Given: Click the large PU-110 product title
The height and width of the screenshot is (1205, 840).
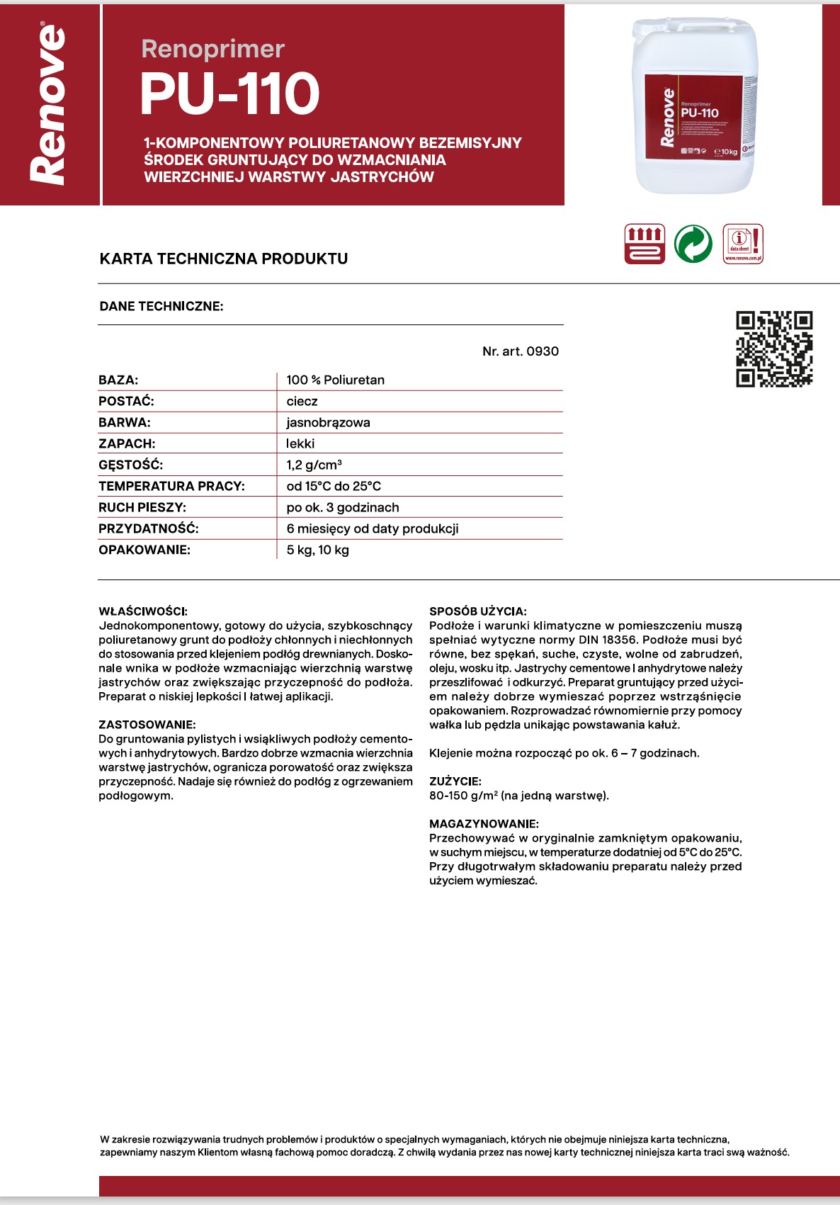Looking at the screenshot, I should click(229, 94).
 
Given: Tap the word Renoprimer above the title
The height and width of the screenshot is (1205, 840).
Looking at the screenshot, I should click(212, 49).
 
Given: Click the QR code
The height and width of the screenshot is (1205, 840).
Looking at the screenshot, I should click(773, 349).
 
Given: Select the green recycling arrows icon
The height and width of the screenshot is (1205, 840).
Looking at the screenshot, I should click(693, 244).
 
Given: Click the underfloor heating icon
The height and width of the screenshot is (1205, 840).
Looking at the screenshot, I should click(644, 244).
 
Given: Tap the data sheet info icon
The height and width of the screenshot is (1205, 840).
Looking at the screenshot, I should click(742, 244).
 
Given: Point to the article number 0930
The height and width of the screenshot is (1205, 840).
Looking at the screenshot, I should click(542, 351).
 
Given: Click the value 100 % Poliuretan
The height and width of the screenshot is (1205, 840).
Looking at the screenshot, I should click(335, 380).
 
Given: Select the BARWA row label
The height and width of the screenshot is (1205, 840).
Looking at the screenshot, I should click(125, 423).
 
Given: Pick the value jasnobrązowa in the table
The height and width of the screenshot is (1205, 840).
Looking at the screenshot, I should click(328, 423).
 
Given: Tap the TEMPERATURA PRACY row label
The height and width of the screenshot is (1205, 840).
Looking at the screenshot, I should click(171, 486).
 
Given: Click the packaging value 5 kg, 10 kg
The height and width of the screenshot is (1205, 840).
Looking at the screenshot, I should click(317, 550).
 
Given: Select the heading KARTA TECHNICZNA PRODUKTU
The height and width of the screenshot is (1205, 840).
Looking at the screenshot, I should click(224, 259).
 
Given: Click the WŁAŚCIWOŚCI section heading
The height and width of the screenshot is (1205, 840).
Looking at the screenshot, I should click(143, 611).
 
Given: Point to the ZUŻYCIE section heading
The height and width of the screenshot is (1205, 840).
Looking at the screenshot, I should click(455, 781).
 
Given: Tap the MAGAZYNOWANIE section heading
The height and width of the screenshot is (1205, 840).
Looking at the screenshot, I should click(484, 824).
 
